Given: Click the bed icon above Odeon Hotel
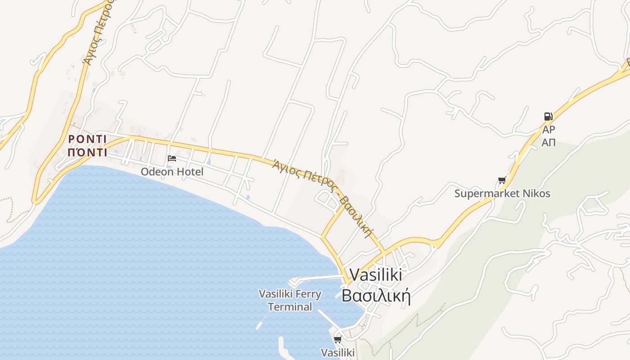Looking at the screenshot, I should [x=171, y=158].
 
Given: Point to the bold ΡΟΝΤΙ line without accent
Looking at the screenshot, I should [x=87, y=139].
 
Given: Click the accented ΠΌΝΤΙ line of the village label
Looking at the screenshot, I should [x=87, y=152].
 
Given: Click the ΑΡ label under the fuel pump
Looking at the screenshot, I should [x=549, y=130].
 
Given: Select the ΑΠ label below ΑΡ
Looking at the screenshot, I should [x=549, y=143].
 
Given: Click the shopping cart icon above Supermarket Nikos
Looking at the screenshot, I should [x=502, y=180].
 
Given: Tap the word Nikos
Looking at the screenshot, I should [x=536, y=194].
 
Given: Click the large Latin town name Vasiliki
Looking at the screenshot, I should [x=375, y=274].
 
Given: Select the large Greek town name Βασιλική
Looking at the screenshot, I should [x=376, y=296].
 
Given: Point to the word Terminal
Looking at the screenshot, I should [x=290, y=307].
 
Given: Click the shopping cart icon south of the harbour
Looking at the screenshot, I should [x=337, y=339].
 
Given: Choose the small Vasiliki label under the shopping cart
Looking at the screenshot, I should [x=337, y=352].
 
